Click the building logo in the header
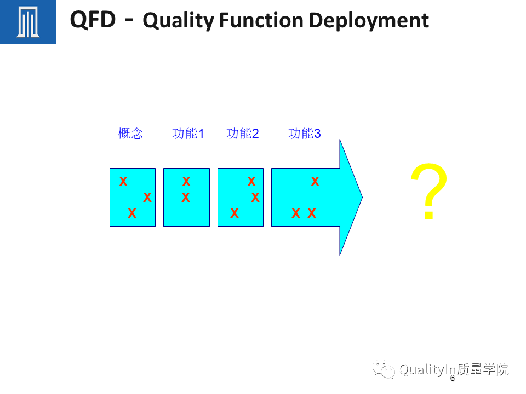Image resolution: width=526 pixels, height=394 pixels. [27, 22]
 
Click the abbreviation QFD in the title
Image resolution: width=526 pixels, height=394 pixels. [93, 20]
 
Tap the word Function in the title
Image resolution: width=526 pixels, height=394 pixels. [261, 21]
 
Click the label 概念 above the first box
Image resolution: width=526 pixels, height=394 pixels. [130, 134]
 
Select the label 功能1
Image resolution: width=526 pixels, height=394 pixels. [188, 134]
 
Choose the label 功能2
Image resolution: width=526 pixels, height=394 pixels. [242, 134]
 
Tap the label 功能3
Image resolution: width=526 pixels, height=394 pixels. [304, 134]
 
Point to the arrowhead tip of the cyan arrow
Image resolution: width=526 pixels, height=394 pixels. [361, 197]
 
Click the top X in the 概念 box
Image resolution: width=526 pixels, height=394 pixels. [123, 182]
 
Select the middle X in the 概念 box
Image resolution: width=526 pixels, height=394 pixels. [147, 198]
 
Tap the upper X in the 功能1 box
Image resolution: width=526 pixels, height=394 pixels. [186, 182]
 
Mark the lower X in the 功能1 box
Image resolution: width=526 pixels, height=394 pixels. [186, 198]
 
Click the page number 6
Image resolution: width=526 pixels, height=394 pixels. [453, 378]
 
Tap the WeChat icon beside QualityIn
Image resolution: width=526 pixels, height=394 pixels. [384, 370]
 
